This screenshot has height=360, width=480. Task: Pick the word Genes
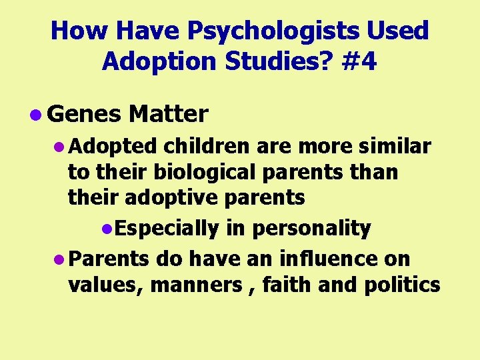coord(85,114)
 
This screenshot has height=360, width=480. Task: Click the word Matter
coord(169,114)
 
